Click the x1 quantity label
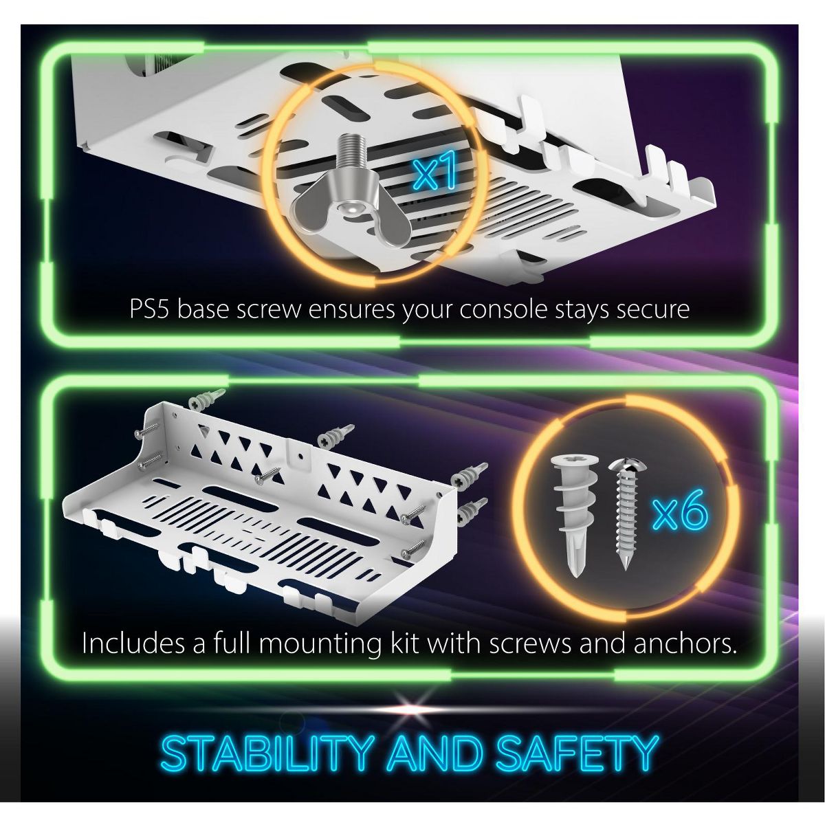tap(433, 174)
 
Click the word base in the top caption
tap(203, 309)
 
